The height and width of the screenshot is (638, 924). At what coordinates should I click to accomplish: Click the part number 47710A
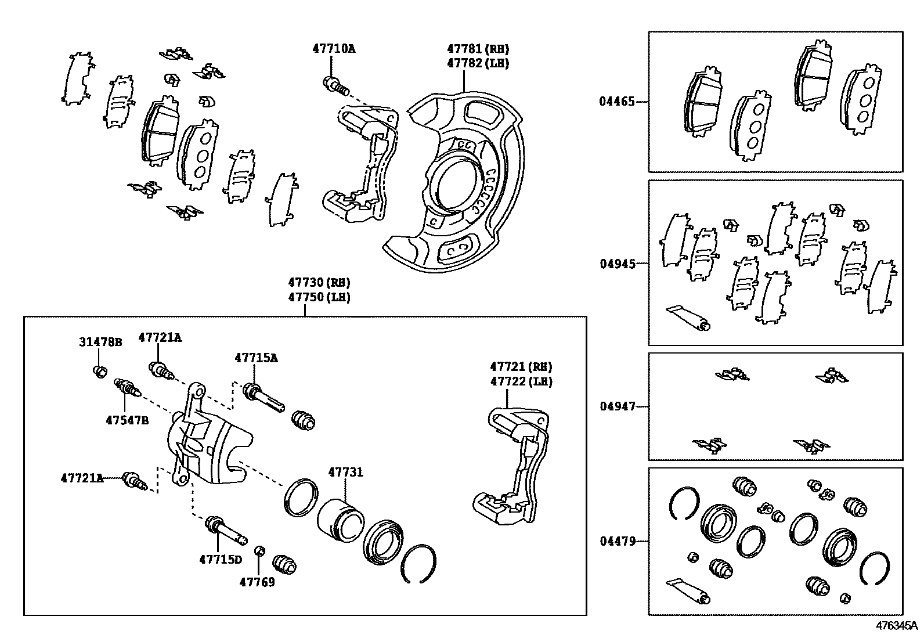click(x=334, y=49)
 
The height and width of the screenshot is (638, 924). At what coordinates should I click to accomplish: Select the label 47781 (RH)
click(x=478, y=49)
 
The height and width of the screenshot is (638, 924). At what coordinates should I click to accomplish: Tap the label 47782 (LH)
click(x=478, y=63)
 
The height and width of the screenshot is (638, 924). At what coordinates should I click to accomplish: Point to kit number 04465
click(x=617, y=102)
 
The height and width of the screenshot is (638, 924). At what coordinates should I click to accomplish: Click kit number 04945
click(x=617, y=264)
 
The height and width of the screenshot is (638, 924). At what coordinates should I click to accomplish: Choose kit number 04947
click(x=617, y=406)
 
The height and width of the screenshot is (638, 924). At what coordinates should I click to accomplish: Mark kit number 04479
click(x=617, y=542)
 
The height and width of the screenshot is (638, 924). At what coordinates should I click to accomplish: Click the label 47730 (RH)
click(x=319, y=283)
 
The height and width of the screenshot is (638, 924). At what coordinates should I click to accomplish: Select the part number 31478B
click(x=100, y=342)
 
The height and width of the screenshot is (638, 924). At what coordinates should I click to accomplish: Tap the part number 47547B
click(x=127, y=420)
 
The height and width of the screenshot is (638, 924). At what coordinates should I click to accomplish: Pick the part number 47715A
click(x=256, y=358)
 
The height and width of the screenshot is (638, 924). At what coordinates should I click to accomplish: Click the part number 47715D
click(x=220, y=559)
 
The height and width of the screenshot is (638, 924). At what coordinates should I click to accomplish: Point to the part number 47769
click(x=257, y=581)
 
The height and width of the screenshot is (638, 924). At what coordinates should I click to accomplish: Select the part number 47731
click(x=345, y=473)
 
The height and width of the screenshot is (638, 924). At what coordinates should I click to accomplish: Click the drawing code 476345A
click(x=897, y=626)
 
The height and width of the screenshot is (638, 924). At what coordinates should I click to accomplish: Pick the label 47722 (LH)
click(x=521, y=382)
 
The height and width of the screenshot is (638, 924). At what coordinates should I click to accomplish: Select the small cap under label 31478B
click(x=100, y=371)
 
